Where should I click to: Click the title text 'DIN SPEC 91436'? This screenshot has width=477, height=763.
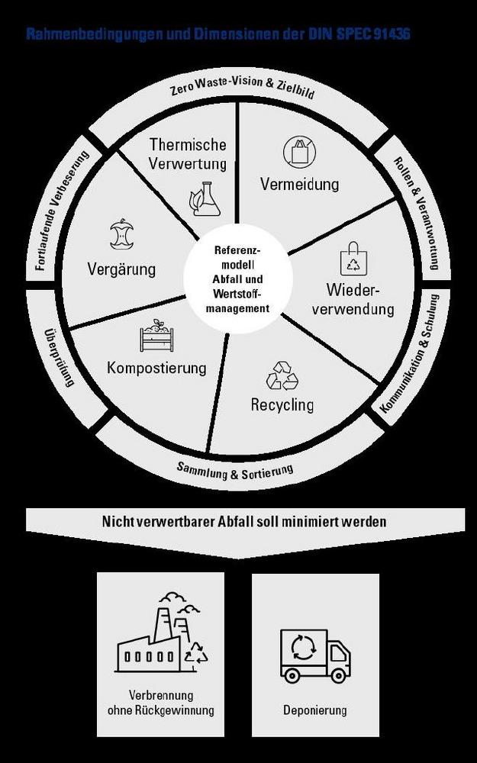pyautogui.click(x=358, y=35)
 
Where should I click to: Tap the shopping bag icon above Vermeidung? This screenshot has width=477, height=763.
pyautogui.click(x=299, y=151)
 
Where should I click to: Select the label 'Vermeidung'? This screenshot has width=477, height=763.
pyautogui.click(x=299, y=185)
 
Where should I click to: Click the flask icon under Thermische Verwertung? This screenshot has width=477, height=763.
pyautogui.click(x=205, y=198)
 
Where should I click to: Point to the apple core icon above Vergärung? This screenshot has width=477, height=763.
pyautogui.click(x=121, y=234)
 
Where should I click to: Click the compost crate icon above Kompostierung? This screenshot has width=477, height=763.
pyautogui.click(x=157, y=336)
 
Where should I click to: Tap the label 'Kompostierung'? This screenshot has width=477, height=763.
pyautogui.click(x=156, y=368)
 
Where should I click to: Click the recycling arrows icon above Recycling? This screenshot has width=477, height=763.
pyautogui.click(x=282, y=376)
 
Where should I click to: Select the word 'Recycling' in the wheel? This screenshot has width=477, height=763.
pyautogui.click(x=282, y=404)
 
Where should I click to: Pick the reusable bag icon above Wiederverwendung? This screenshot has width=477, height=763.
pyautogui.click(x=353, y=259)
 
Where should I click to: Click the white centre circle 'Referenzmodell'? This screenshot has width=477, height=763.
pyautogui.click(x=238, y=279)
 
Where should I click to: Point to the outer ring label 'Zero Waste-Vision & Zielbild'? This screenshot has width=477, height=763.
pyautogui.click(x=243, y=95)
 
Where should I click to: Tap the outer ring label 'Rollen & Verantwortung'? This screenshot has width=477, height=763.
pyautogui.click(x=416, y=213)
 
